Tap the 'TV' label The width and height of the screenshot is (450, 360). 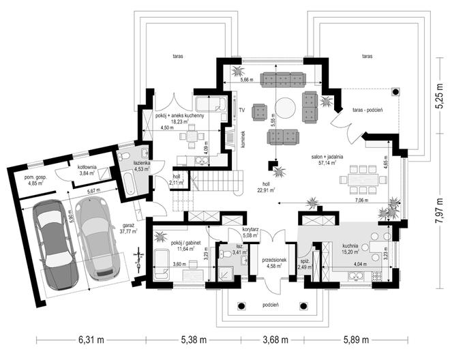point(241,108)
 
